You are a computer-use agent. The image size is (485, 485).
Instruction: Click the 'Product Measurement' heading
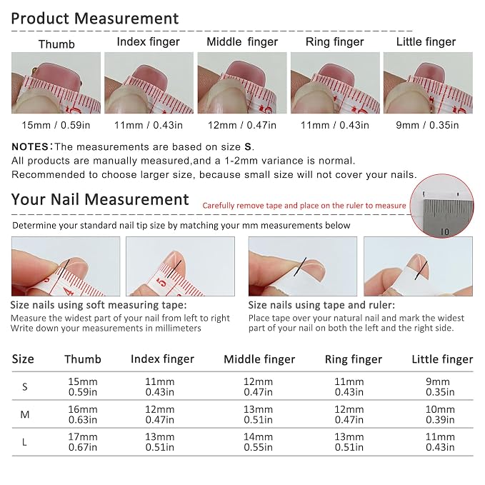[95, 19]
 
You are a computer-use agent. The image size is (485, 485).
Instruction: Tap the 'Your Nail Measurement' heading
[100, 199]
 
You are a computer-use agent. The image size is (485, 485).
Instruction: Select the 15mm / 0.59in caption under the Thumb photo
[56, 125]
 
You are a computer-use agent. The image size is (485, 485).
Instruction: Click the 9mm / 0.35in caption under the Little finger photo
[427, 125]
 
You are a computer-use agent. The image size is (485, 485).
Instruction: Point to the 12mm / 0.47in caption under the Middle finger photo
[242, 125]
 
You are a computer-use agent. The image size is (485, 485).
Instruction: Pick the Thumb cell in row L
[83, 442]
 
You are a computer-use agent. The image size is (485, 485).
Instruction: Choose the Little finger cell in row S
[440, 386]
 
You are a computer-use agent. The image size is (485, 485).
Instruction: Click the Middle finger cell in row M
[258, 414]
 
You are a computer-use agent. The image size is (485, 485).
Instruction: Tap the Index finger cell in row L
[159, 442]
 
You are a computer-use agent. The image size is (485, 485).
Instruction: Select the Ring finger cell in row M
[349, 414]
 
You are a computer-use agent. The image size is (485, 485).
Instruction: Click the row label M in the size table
[25, 414]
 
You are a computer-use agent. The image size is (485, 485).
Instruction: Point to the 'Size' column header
[23, 359]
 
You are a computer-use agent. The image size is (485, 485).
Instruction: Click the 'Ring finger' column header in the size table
[354, 359]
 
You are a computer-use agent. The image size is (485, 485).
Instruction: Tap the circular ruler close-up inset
[441, 206]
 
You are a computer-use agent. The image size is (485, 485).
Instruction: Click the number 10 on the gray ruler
[444, 231]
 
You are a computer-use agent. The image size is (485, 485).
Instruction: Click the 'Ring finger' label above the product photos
[335, 41]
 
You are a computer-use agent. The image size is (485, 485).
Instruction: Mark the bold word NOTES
[30, 146]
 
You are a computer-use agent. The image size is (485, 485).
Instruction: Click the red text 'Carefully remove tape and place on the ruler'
[304, 206]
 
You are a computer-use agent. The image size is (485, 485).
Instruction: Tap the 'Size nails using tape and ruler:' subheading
[321, 305]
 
